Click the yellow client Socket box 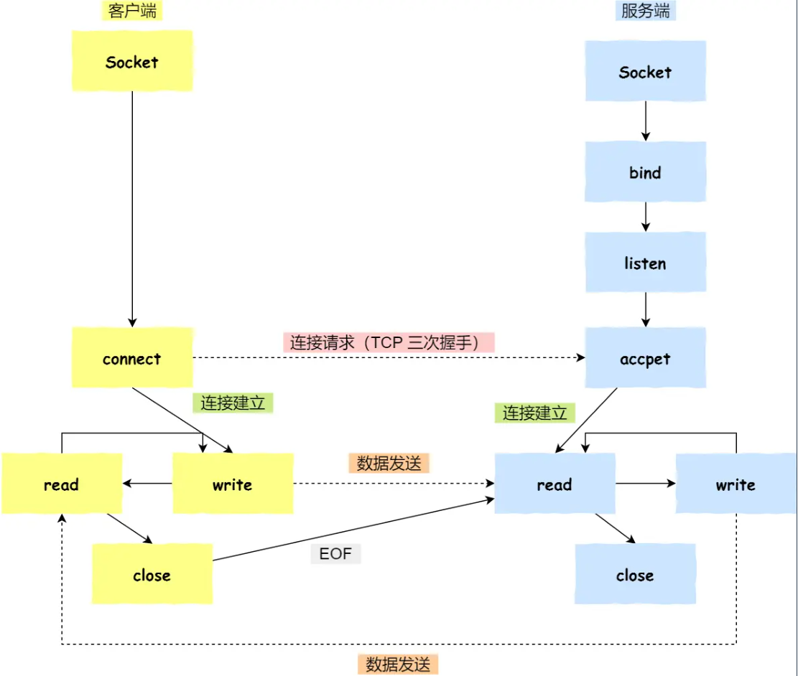click(x=132, y=61)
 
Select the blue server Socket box click(x=645, y=71)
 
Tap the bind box click(x=645, y=172)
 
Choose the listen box click(x=645, y=263)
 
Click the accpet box click(x=645, y=358)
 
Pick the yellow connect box click(x=132, y=358)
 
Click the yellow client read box click(x=61, y=484)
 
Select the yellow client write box click(x=232, y=484)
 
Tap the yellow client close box click(x=152, y=574)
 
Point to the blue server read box click(x=555, y=484)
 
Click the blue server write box click(x=736, y=484)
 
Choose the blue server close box click(x=635, y=574)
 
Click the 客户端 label click(x=132, y=11)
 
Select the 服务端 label click(x=646, y=11)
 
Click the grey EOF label click(x=335, y=554)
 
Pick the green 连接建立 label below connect click(x=233, y=403)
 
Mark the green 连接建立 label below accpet click(x=534, y=413)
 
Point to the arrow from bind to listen click(x=645, y=217)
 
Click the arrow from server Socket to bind click(x=645, y=121)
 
